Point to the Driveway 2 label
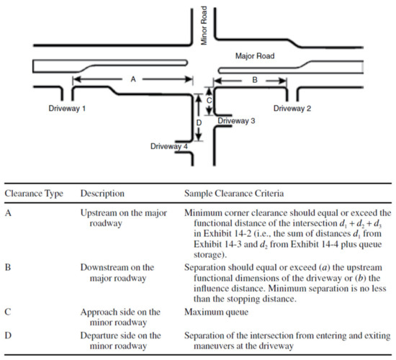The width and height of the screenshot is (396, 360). [293, 107]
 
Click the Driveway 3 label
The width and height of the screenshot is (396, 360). [236, 121]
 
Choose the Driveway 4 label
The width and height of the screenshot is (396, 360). [169, 146]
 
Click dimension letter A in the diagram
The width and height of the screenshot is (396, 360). [133, 81]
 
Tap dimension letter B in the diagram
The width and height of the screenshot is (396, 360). [254, 81]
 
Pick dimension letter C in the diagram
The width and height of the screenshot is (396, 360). [209, 101]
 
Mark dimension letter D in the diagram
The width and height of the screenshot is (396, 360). [199, 122]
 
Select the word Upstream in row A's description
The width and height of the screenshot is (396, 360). [102, 212]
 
